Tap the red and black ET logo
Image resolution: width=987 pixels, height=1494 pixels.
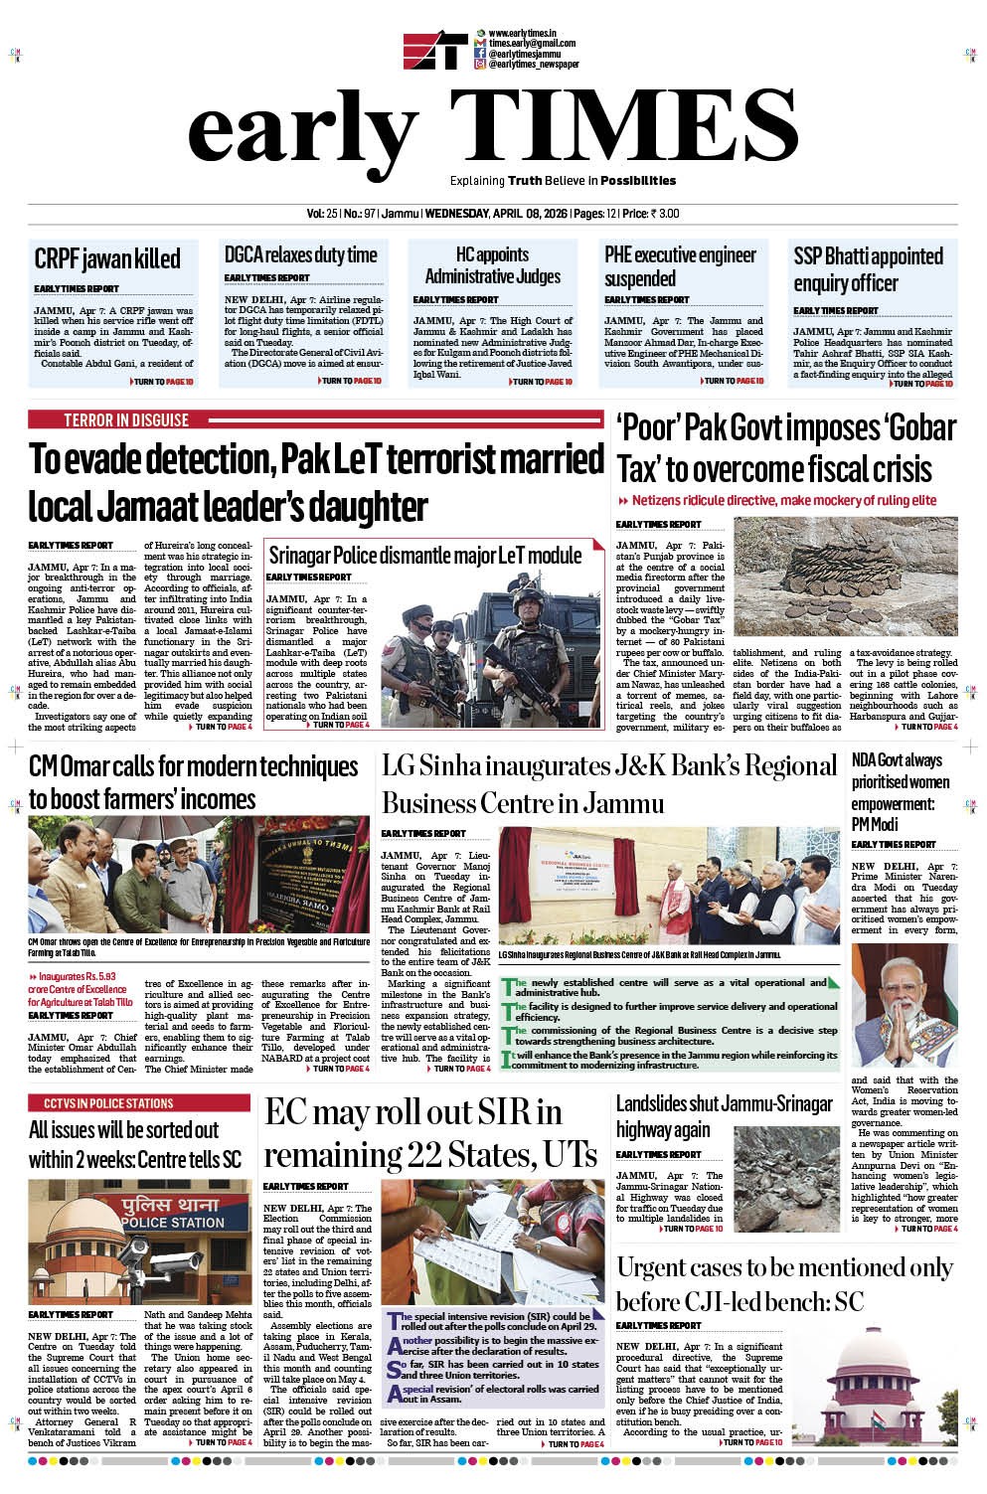435,52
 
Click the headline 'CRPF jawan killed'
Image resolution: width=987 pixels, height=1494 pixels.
107,258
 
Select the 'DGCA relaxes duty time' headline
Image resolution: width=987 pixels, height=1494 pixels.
300,254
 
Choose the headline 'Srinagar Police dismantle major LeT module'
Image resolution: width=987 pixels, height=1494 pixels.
424,555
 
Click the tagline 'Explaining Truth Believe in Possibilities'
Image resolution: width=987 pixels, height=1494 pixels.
563,181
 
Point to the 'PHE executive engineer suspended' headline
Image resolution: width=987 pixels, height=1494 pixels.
680,265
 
